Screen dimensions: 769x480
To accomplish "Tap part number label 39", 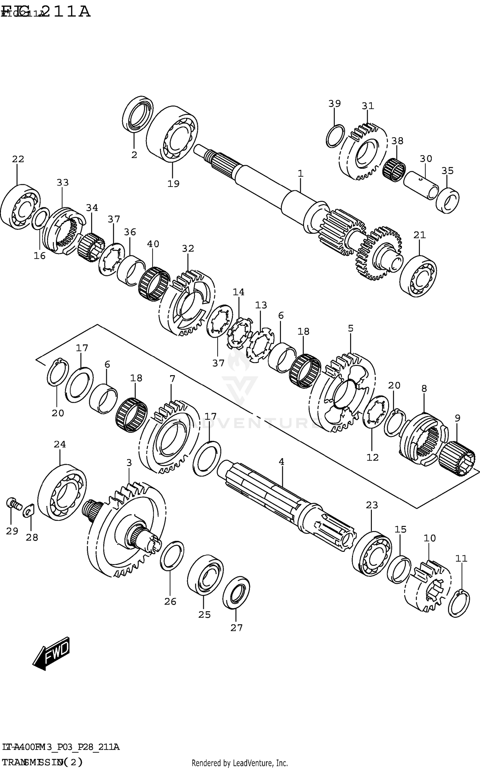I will point(334,104).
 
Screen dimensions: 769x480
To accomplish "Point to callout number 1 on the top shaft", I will point(300,174).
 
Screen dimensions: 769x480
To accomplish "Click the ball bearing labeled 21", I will point(418,276).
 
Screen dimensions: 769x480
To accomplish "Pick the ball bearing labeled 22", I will point(20,207).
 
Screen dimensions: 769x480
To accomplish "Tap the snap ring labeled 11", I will point(459,604).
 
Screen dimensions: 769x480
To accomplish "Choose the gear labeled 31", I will point(363,152).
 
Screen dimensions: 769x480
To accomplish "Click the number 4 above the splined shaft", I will point(281,462).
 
